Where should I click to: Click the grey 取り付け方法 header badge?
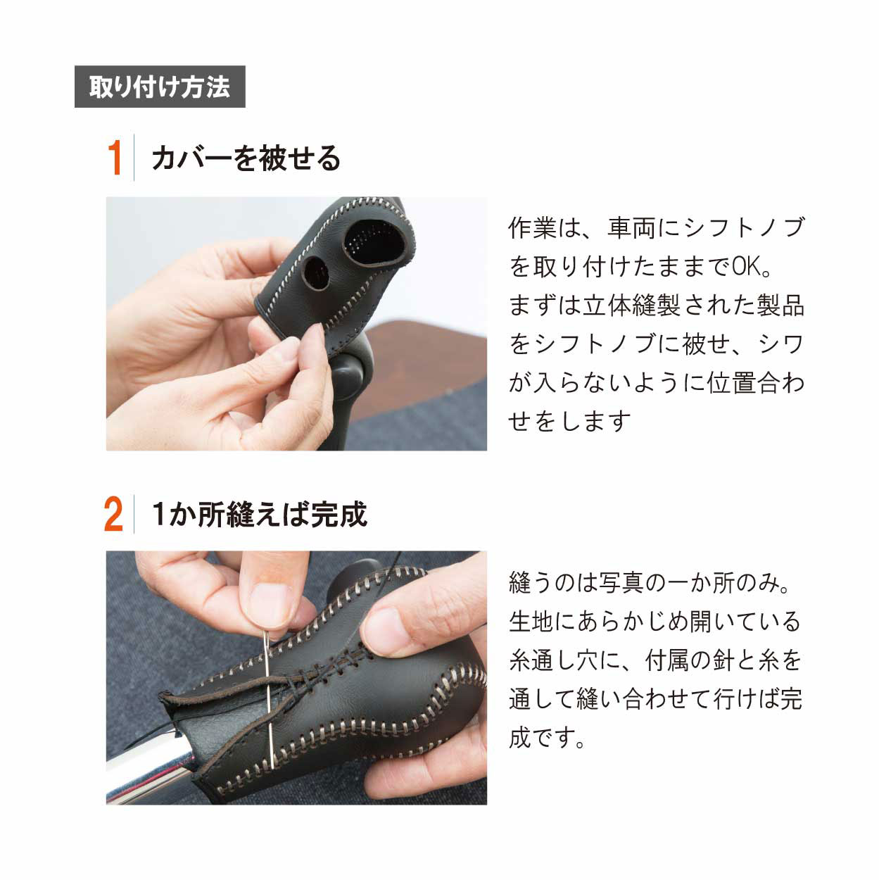pyautogui.click(x=160, y=87)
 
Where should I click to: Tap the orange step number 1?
pyautogui.click(x=115, y=158)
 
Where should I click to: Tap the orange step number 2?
pyautogui.click(x=113, y=514)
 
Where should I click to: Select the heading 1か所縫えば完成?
pyautogui.click(x=260, y=515)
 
